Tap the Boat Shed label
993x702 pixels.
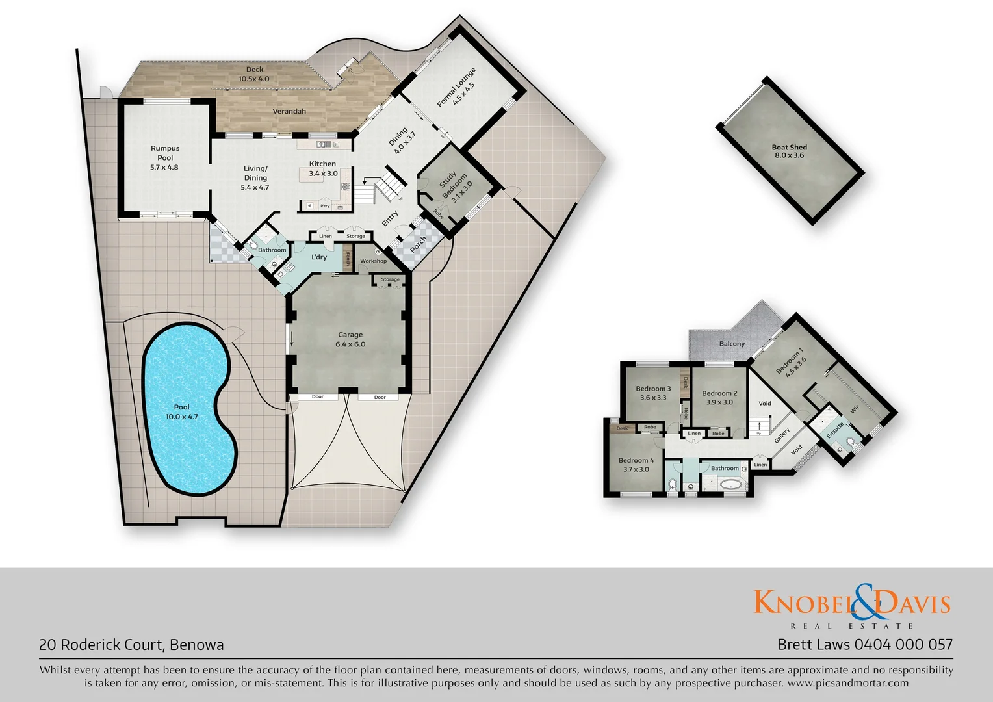789,151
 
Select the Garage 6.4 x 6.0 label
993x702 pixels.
350,339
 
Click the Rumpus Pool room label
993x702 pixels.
164,157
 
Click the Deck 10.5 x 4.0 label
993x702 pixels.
254,74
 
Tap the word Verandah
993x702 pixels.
289,112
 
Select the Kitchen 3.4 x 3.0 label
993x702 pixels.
323,168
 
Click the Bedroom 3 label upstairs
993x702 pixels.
653,393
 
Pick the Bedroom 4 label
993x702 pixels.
636,465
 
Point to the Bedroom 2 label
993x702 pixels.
719,397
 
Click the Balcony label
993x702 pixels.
732,344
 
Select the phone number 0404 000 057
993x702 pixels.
903,645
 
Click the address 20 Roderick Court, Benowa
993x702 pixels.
131,645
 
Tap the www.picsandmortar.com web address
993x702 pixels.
847,683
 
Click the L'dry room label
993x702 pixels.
319,257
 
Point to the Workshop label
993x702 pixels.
373,261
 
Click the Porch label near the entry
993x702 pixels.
419,244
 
